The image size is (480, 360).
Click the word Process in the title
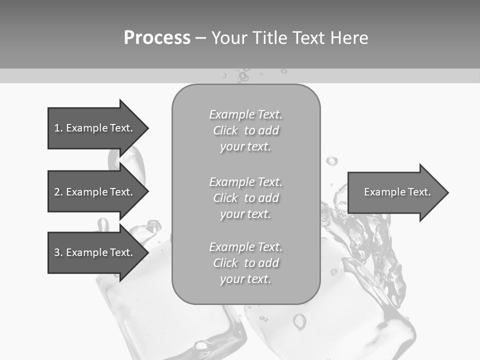click(157, 38)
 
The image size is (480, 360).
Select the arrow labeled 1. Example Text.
click(95, 128)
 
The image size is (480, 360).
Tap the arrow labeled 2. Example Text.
click(95, 192)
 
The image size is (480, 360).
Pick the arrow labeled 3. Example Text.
click(95, 252)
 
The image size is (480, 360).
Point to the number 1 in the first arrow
click(57, 128)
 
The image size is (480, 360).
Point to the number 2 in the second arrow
click(57, 192)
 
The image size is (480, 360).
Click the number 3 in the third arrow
click(57, 252)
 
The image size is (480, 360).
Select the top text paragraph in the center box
click(246, 130)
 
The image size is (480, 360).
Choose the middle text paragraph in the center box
click(246, 198)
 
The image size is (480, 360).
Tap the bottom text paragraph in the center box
click(246, 263)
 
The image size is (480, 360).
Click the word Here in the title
click(349, 38)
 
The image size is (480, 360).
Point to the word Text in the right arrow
click(419, 192)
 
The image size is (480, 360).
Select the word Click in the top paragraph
click(225, 130)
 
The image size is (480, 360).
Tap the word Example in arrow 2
click(86, 192)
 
